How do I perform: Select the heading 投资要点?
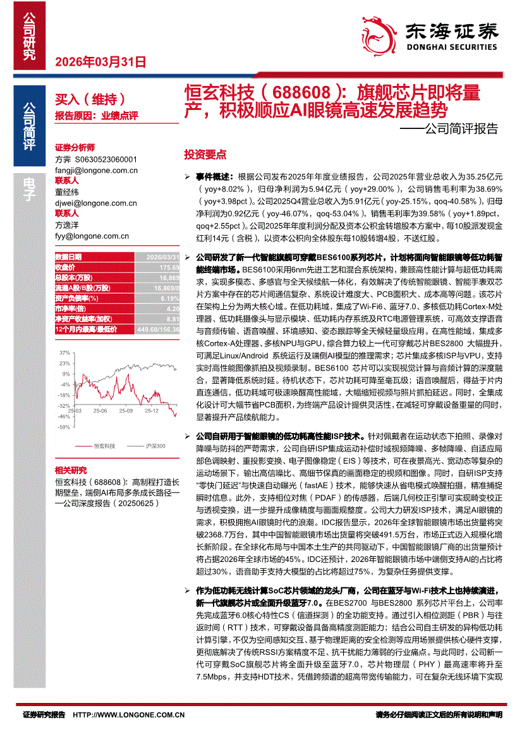pos(205,155)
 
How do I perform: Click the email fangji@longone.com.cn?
pos(96,170)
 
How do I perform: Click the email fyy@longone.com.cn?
pos(92,236)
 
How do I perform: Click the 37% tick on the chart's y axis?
pos(65,352)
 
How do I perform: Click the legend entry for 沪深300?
pos(154,446)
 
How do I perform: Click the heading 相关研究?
pos(71,470)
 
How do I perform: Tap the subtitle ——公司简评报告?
pos(449,130)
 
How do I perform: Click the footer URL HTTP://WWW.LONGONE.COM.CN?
pos(129,715)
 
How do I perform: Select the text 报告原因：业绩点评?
pos(96,116)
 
